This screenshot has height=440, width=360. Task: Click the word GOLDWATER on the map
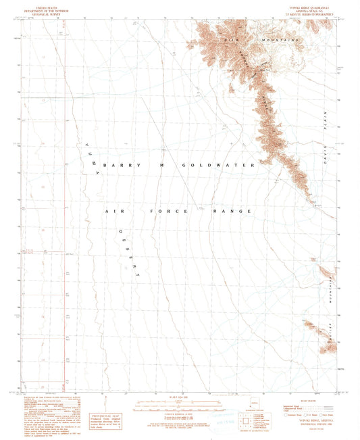click(x=218, y=165)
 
